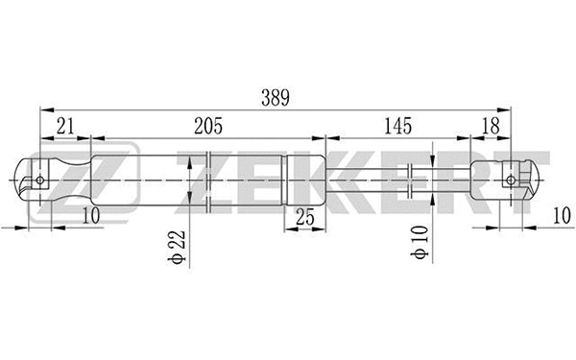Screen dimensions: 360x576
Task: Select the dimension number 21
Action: (65, 125)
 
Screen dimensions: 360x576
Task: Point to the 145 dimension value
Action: (396, 125)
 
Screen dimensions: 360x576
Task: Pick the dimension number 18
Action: (491, 125)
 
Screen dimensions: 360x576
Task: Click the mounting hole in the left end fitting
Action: (39, 180)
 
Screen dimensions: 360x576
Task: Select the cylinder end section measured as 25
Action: (305, 180)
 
